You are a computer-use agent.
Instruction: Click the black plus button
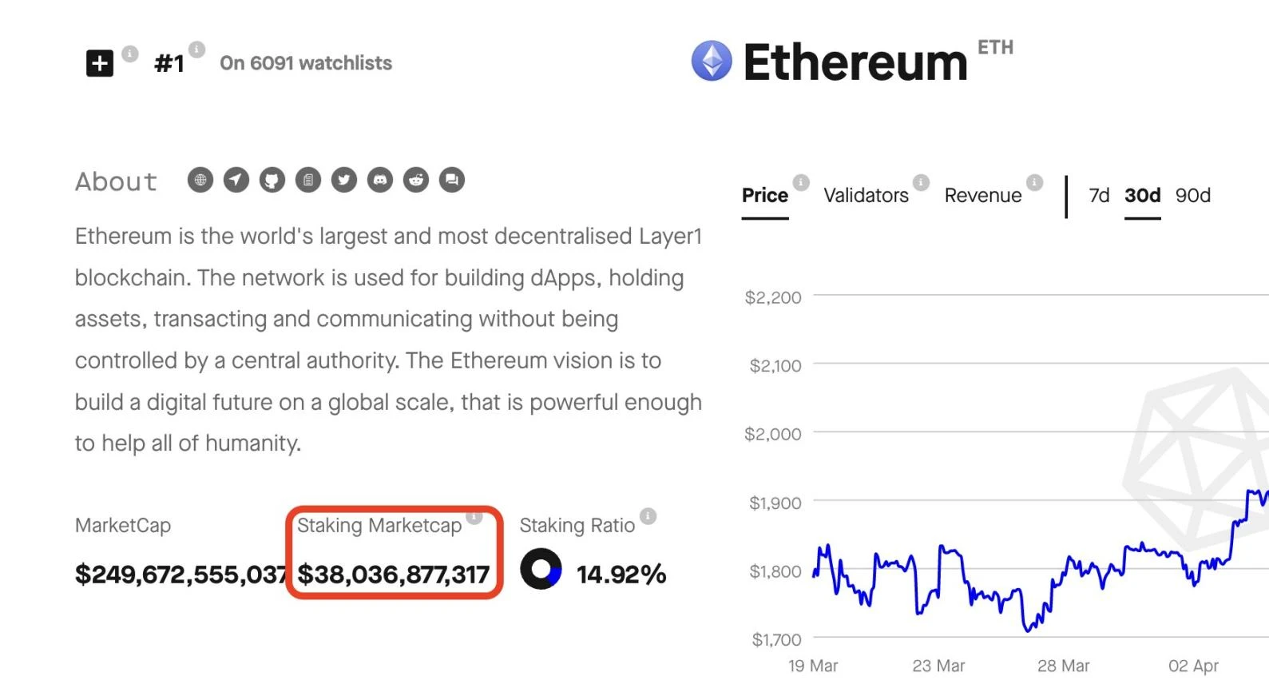(100, 63)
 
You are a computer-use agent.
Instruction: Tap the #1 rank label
(169, 63)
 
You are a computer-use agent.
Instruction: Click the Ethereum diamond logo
(712, 61)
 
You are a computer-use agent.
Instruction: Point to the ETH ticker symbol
(995, 48)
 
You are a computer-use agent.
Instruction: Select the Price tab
(764, 196)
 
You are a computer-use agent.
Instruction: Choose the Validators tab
(866, 196)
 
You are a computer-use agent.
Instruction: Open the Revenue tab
(982, 196)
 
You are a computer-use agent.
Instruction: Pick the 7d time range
(1099, 196)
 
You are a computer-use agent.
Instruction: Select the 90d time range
(1192, 196)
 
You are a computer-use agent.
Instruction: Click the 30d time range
(1142, 196)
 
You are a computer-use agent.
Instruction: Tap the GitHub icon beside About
(272, 180)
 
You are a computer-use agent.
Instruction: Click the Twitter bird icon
(344, 180)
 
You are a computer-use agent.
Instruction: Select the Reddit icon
(416, 180)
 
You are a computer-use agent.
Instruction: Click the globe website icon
(200, 180)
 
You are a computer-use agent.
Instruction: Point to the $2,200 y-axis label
(772, 297)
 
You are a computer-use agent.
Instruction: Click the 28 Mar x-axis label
(1063, 666)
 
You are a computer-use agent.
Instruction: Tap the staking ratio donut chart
(541, 570)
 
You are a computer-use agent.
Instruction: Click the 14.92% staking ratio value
(621, 574)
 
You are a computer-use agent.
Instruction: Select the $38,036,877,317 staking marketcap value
(393, 574)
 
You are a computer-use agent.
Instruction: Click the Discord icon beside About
(380, 180)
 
